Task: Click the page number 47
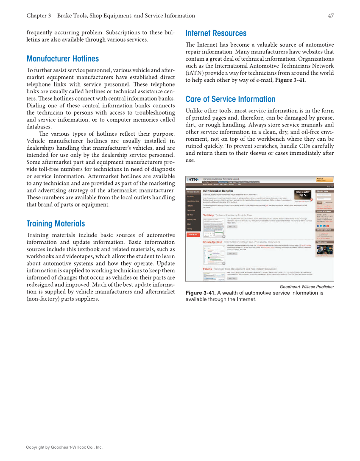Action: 331,16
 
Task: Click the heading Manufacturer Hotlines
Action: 62,59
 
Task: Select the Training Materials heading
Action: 56,224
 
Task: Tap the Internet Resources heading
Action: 216,33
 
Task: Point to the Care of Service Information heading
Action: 230,99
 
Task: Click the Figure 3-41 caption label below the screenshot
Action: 201,293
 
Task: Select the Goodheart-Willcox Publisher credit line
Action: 307,287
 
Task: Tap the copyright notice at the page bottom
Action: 64,447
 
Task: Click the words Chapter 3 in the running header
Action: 39,16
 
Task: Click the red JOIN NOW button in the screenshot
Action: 193,235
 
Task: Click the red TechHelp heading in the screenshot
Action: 209,215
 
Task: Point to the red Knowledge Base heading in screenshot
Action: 212,242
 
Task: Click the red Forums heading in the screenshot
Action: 207,268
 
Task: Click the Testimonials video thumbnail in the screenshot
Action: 325,249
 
